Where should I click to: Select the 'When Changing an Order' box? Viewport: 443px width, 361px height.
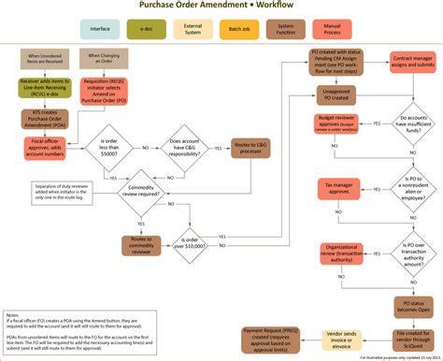[x=106, y=59]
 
